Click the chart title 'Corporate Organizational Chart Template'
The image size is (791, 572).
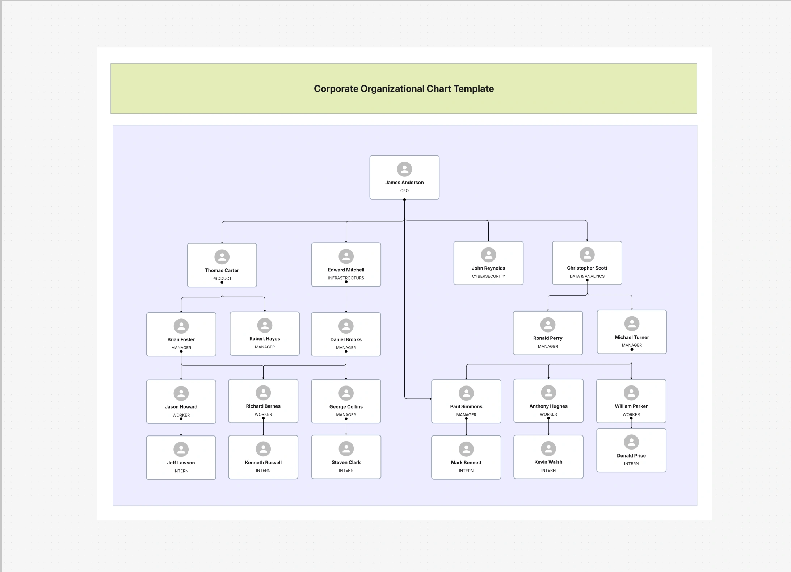[404, 89]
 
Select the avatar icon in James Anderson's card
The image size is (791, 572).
[404, 169]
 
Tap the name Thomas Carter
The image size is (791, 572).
[222, 270]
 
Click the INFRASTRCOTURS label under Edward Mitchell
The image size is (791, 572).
[346, 278]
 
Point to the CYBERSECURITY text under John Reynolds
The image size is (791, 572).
[488, 276]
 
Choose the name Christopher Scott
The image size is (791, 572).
[587, 268]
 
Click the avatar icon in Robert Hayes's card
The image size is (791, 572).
[265, 325]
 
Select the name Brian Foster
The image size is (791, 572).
[181, 339]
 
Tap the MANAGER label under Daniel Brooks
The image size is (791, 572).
[346, 348]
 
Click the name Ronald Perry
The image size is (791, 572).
[548, 338]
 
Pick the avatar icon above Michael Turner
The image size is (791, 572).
[632, 324]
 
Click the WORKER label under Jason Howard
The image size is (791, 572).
[181, 415]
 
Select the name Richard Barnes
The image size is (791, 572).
[263, 406]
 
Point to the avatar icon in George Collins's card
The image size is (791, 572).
[346, 393]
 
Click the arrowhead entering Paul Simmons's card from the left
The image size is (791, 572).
[430, 399]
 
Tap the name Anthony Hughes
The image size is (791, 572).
[548, 406]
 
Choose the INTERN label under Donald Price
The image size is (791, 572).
[631, 464]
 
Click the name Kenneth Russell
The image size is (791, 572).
[263, 463]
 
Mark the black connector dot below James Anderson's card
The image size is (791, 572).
[404, 200]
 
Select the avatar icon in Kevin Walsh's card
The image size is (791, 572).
[548, 448]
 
